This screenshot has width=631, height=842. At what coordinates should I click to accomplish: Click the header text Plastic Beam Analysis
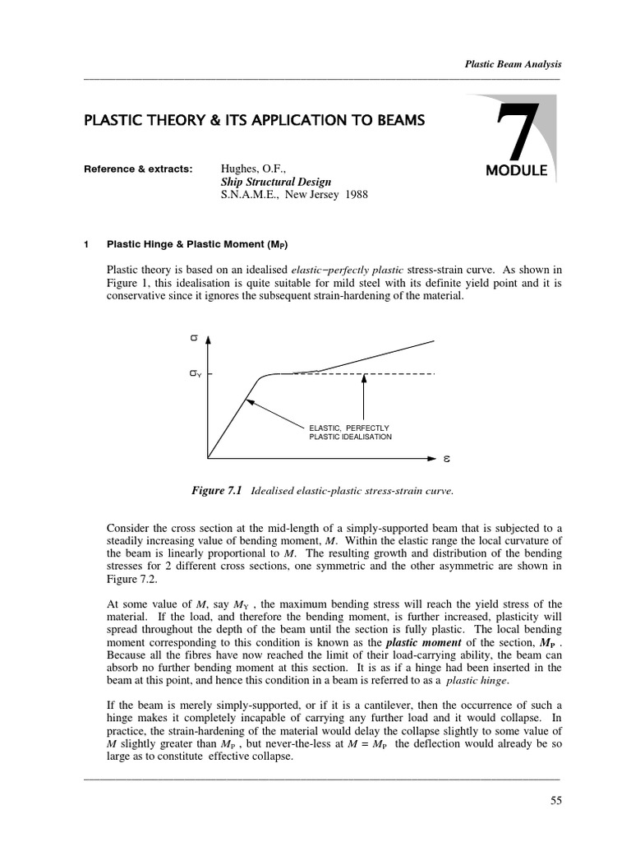(513, 63)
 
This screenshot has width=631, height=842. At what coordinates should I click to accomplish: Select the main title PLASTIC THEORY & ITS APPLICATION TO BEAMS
(255, 121)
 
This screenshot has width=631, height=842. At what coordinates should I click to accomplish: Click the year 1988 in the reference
(350, 197)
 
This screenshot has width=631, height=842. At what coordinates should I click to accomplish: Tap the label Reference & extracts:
(138, 169)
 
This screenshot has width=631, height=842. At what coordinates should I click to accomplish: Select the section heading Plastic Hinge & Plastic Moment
(197, 245)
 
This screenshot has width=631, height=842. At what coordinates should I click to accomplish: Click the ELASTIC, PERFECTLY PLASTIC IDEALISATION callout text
(350, 433)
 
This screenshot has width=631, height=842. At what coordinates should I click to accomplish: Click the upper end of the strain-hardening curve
(432, 340)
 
